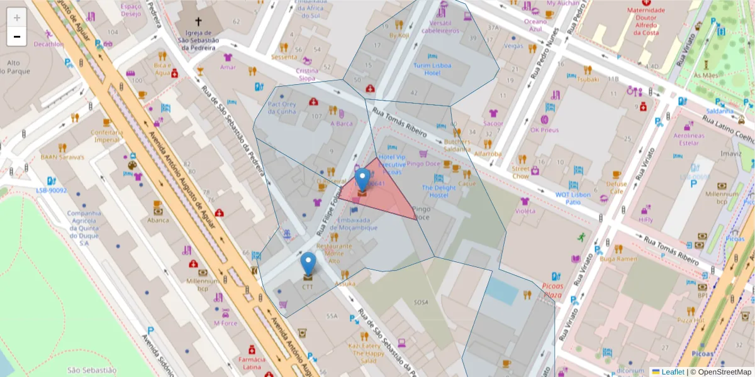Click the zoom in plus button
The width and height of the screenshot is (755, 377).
click(17, 18)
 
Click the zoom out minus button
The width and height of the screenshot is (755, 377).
click(17, 37)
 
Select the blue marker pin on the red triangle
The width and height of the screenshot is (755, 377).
click(362, 180)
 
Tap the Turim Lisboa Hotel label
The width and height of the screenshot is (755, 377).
click(431, 69)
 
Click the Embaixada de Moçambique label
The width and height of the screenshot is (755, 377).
click(357, 224)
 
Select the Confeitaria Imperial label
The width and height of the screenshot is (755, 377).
click(105, 136)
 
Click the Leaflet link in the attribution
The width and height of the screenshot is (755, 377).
click(673, 372)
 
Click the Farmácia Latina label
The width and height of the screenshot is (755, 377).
click(252, 363)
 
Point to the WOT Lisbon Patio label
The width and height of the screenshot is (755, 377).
click(573, 198)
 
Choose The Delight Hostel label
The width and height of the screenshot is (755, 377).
click(439, 191)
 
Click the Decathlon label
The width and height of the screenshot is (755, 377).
click(49, 44)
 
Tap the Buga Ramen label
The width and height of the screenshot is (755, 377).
click(618, 258)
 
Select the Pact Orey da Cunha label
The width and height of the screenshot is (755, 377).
click(281, 107)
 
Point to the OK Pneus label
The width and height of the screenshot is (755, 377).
click(544, 130)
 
